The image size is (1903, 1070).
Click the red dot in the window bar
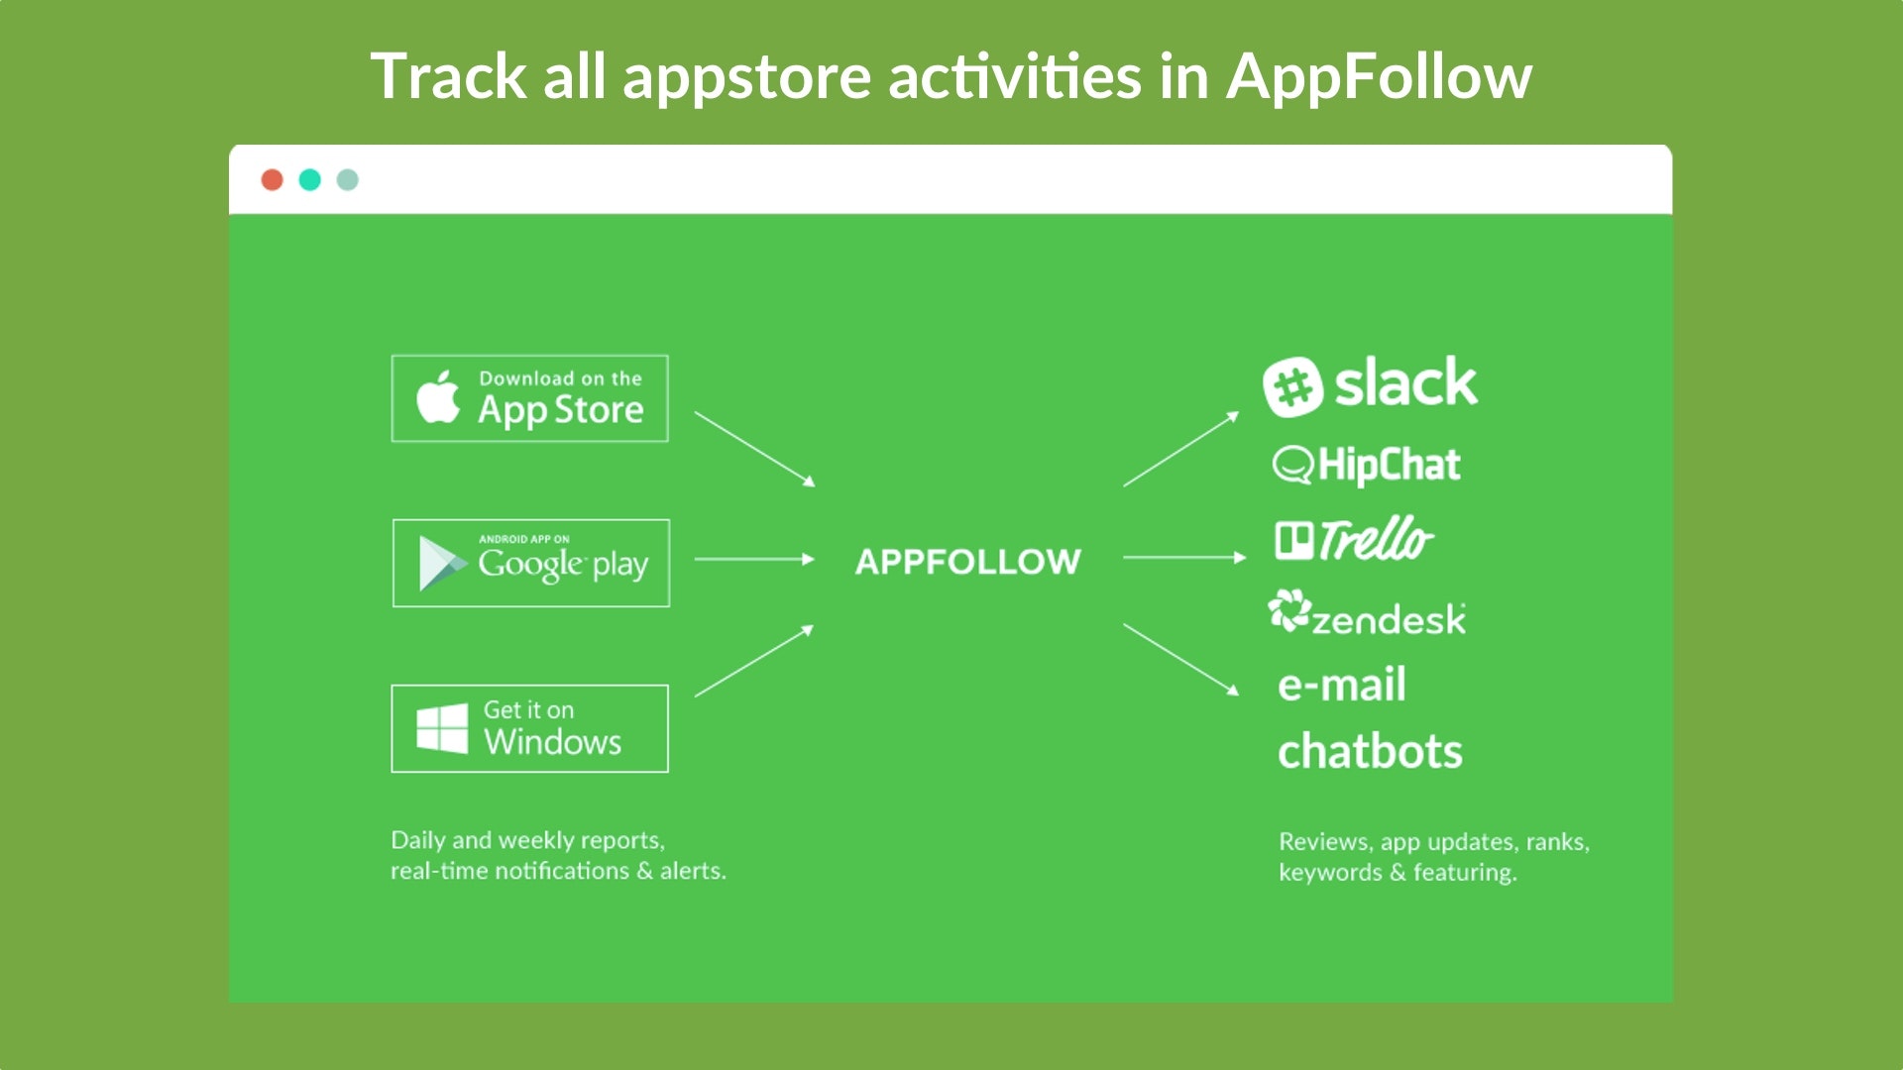coord(273,179)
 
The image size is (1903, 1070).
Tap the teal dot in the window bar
coord(310,179)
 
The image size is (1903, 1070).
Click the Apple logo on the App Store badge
coord(438,397)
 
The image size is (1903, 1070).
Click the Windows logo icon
coord(442,728)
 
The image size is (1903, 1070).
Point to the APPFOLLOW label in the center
coord(967,562)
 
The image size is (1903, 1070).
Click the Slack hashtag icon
coord(1292,386)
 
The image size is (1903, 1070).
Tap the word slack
coord(1405,382)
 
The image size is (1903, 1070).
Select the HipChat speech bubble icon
coord(1292,465)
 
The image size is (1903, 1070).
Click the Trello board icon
coord(1293,541)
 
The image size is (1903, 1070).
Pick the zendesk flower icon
coord(1289,610)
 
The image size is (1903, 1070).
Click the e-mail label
coord(1342,685)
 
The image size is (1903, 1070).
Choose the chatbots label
coord(1370,752)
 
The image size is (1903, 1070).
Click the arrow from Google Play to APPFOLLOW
coord(754,559)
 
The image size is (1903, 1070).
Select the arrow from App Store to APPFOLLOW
coord(754,449)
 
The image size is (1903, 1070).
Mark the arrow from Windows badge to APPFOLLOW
coord(754,661)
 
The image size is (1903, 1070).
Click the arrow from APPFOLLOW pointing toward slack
coord(1180,449)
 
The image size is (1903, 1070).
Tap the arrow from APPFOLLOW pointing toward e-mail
coord(1180,659)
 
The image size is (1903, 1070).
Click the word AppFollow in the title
coord(1379,76)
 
